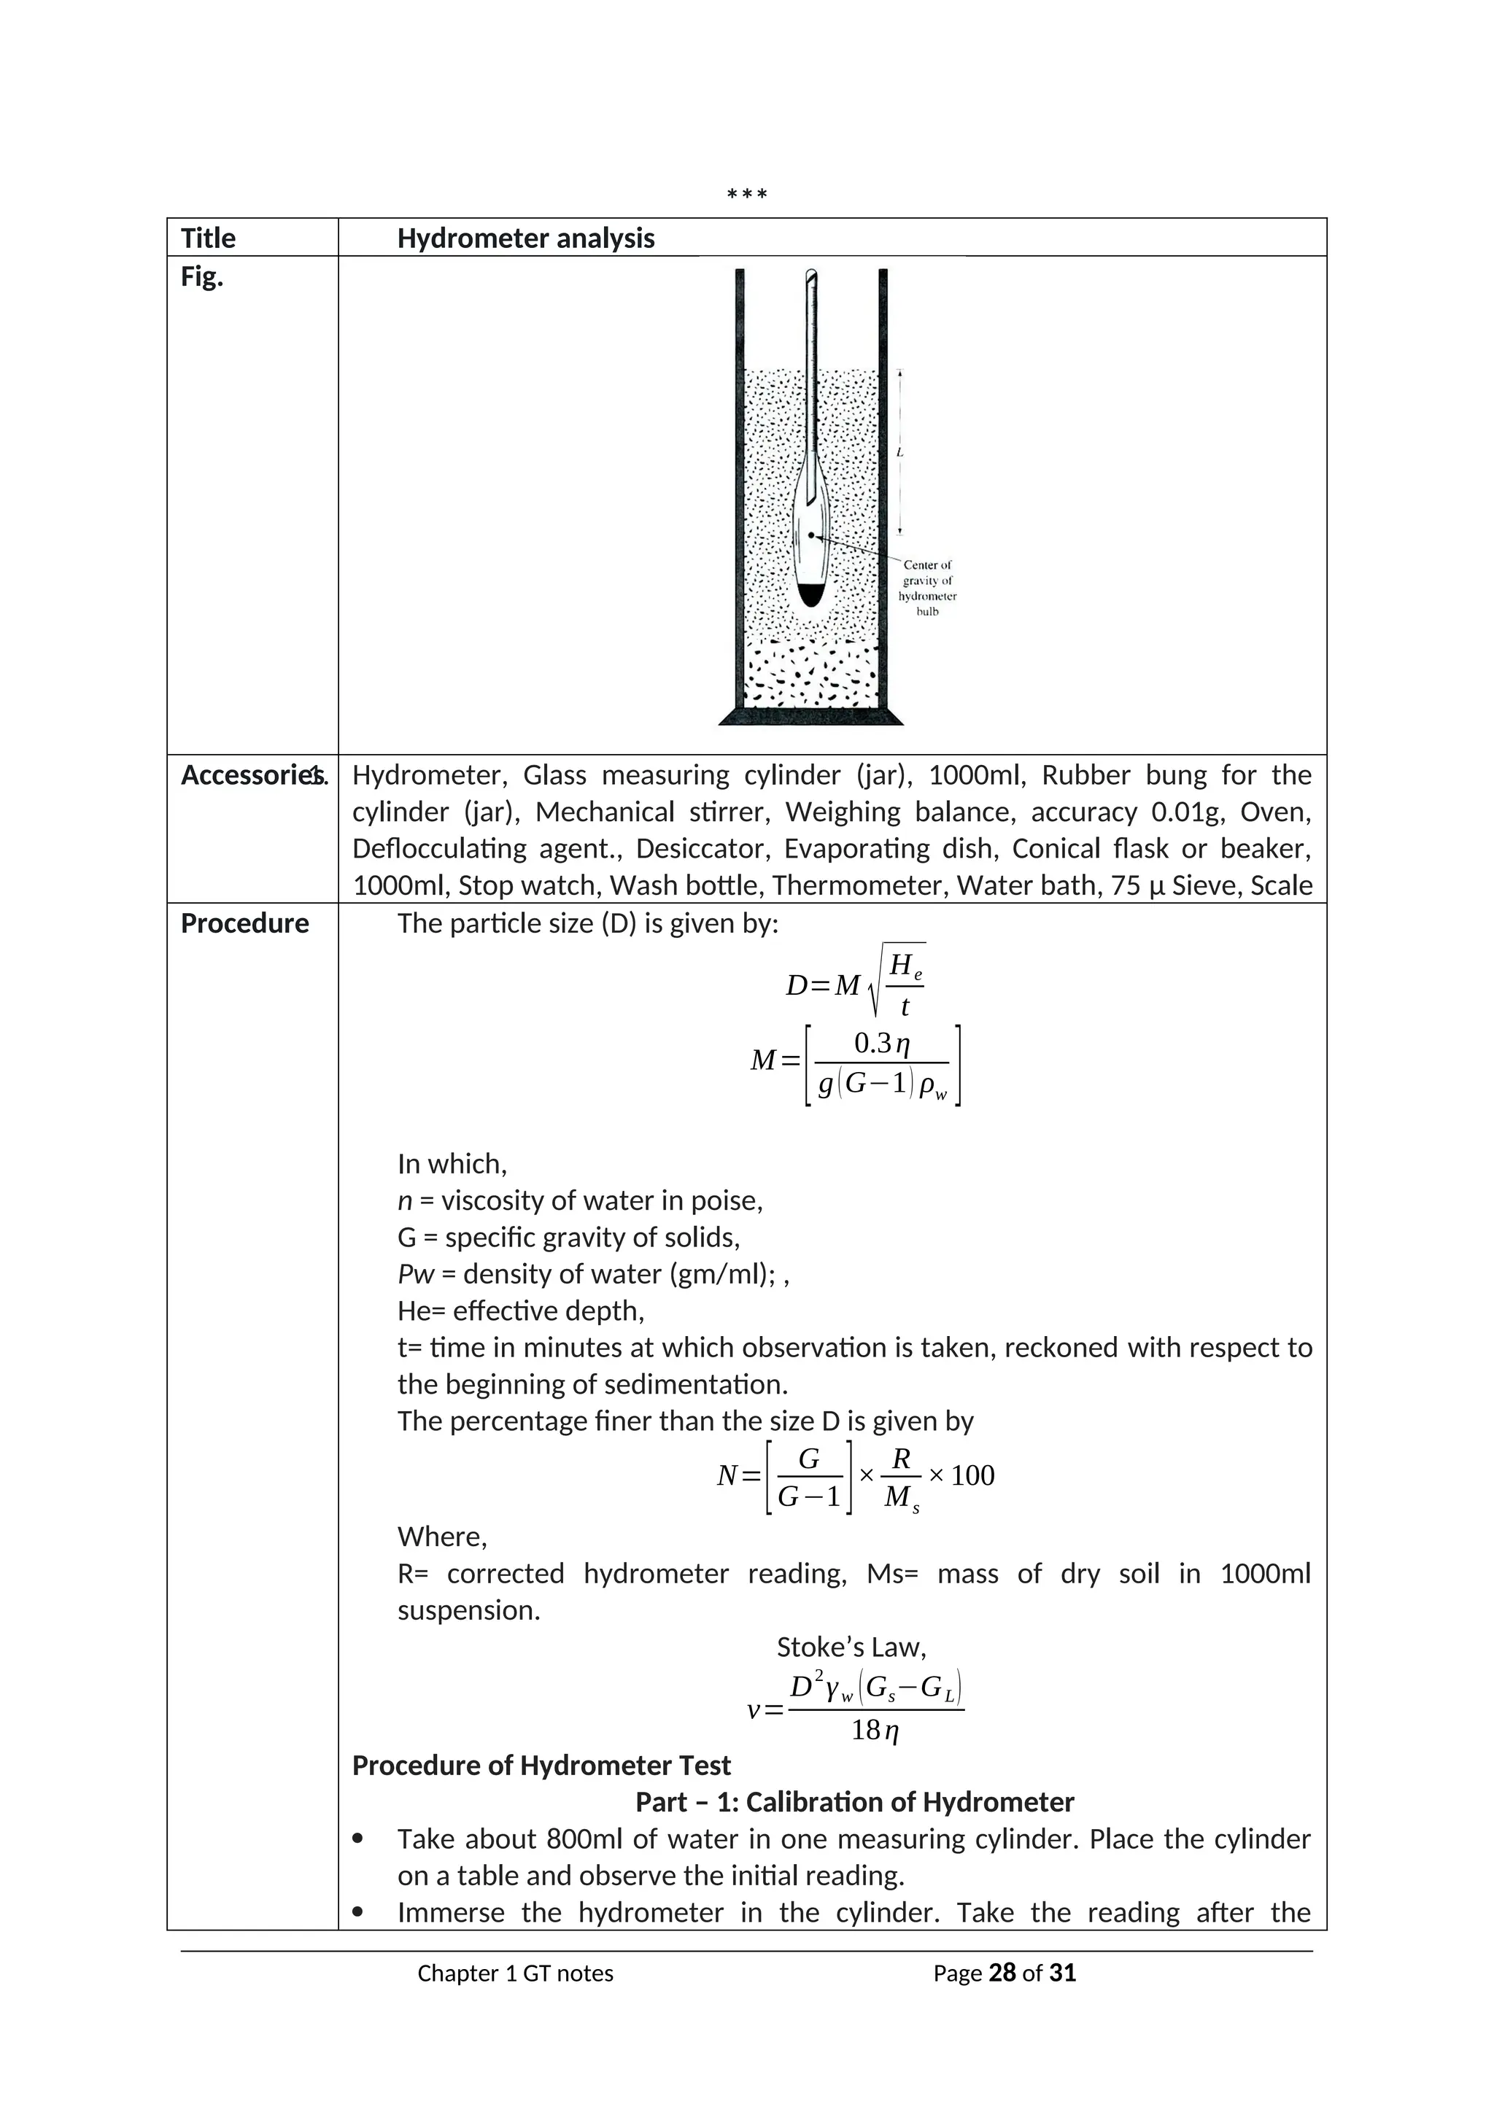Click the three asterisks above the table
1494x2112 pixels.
746,194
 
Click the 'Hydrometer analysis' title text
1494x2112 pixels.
525,238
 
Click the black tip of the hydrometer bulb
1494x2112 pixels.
810,595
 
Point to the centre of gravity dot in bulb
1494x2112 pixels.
810,535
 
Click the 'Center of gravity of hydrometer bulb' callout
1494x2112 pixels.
927,588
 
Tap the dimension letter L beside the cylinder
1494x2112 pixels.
899,453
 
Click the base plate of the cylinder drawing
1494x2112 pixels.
810,717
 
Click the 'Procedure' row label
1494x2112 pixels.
244,923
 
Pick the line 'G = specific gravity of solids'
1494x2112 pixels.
568,1237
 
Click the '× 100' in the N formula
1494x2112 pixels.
961,1475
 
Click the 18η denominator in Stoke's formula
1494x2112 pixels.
875,1731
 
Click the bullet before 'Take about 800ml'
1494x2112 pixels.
359,1839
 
